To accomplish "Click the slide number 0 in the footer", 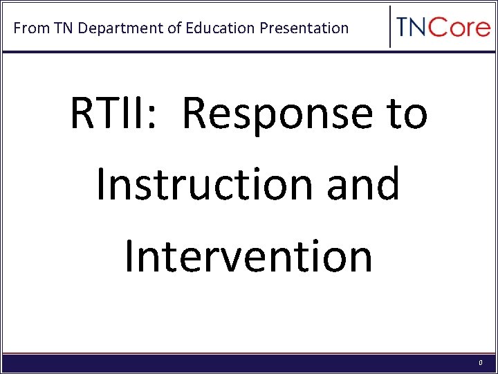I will coord(481,362).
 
